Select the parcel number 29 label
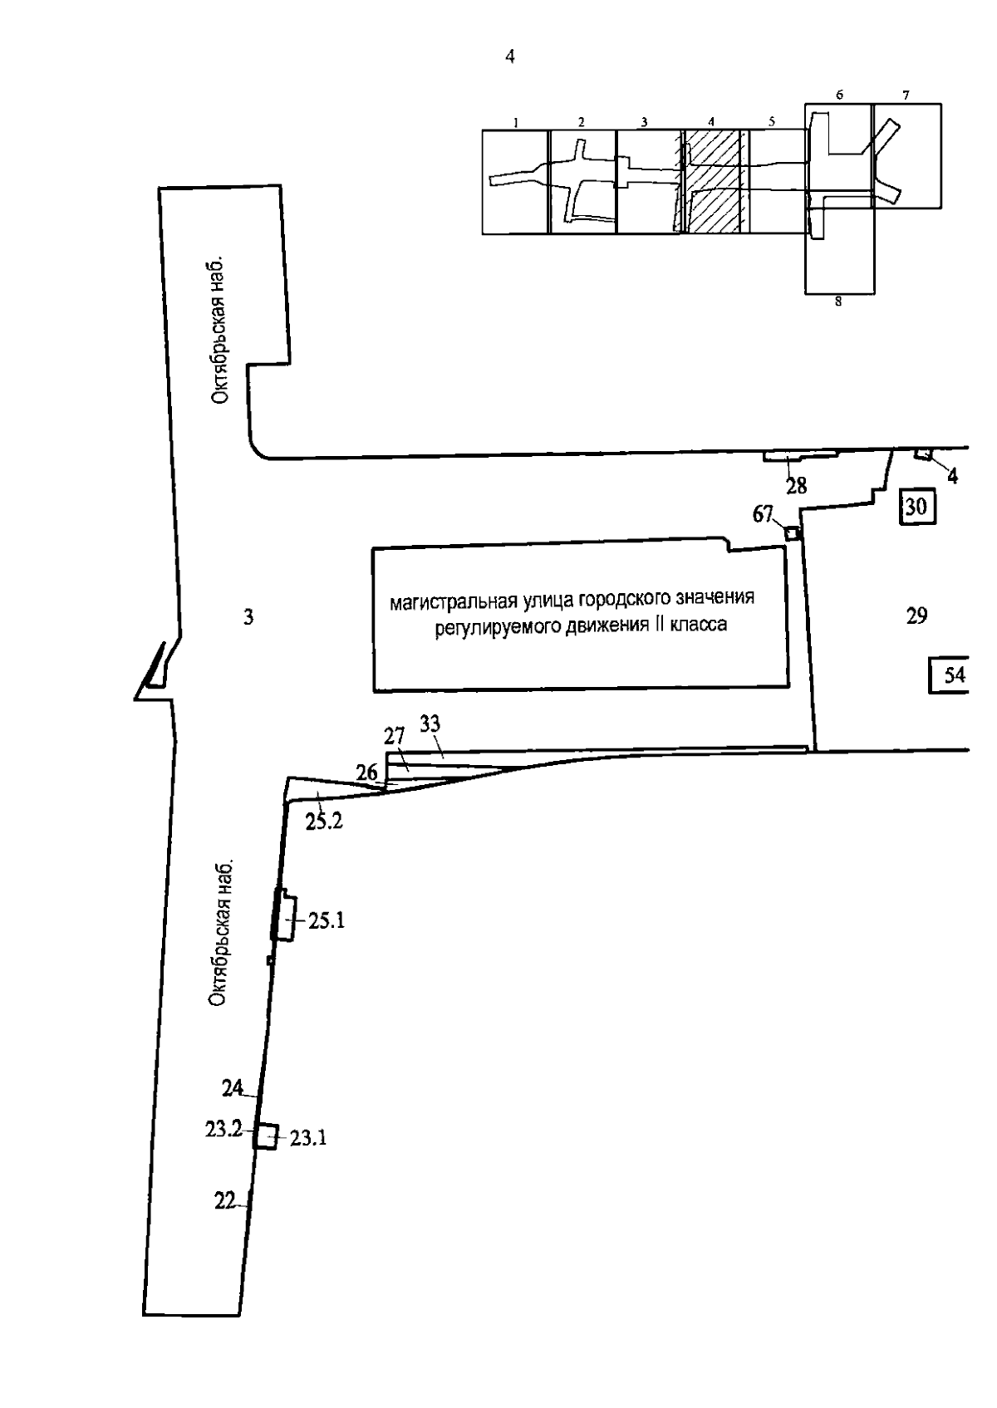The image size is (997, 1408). pyautogui.click(x=916, y=616)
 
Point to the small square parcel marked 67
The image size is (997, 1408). pyautogui.click(x=792, y=532)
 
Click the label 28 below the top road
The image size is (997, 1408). pyautogui.click(x=796, y=487)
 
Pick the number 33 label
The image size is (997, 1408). pyautogui.click(x=430, y=724)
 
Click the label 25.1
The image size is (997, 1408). pyautogui.click(x=327, y=920)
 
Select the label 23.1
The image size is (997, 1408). pyautogui.click(x=308, y=1138)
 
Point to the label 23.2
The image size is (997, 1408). pyautogui.click(x=223, y=1129)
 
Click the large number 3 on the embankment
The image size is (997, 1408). pyautogui.click(x=248, y=616)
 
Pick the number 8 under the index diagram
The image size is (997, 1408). pyautogui.click(x=838, y=302)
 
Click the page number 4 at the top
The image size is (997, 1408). pyautogui.click(x=510, y=56)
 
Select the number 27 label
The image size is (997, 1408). pyautogui.click(x=394, y=736)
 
